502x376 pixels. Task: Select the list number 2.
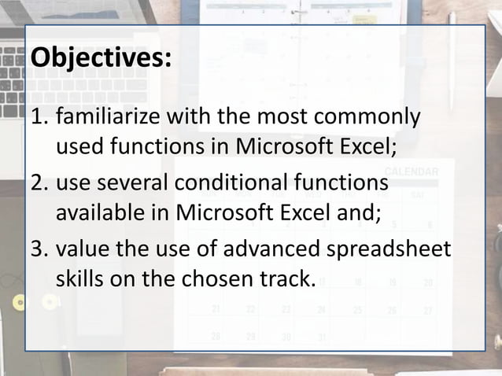[37, 185]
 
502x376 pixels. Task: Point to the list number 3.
[37, 251]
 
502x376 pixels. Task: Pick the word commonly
[375, 120]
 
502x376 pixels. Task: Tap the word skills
[78, 278]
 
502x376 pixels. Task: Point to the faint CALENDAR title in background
[412, 171]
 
